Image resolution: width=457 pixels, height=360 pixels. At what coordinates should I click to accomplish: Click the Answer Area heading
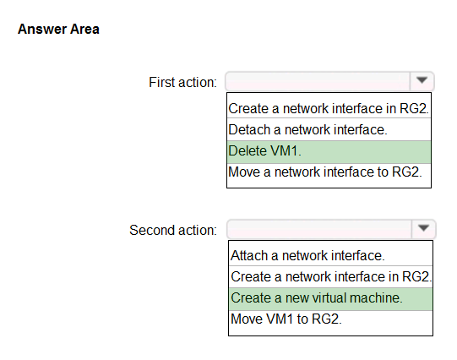pyautogui.click(x=58, y=29)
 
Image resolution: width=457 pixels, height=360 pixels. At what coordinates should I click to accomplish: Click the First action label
pyautogui.click(x=182, y=82)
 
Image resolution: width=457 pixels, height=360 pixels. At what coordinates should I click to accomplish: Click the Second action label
pyautogui.click(x=173, y=230)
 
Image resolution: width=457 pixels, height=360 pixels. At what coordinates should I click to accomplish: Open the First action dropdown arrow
pyautogui.click(x=422, y=80)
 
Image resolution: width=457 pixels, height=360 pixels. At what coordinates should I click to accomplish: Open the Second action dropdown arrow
pyautogui.click(x=423, y=228)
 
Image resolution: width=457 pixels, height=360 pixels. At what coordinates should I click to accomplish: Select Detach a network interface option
pyautogui.click(x=307, y=129)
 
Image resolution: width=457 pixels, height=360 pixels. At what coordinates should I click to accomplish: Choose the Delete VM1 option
pyautogui.click(x=265, y=151)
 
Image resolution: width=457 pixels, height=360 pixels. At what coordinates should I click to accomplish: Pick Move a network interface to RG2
pyautogui.click(x=325, y=172)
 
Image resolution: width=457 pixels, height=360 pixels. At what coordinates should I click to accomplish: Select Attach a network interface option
pyautogui.click(x=307, y=256)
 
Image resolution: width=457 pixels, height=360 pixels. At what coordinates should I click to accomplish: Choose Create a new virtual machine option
pyautogui.click(x=317, y=298)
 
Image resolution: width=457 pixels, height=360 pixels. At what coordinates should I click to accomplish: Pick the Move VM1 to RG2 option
pyautogui.click(x=286, y=319)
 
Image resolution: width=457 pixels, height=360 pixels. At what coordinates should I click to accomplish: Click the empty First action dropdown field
pyautogui.click(x=318, y=81)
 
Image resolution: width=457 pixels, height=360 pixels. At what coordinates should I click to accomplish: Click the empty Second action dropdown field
pyautogui.click(x=319, y=229)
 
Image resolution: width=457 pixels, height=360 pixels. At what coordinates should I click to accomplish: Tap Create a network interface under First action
pyautogui.click(x=329, y=109)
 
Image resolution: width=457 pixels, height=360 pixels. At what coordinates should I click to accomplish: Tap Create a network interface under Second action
pyautogui.click(x=331, y=276)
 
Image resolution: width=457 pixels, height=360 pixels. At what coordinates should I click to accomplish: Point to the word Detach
pyautogui.click(x=249, y=129)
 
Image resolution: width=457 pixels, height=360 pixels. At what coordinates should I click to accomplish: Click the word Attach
pyautogui.click(x=249, y=256)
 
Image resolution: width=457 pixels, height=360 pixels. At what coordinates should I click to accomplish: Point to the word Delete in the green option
pyautogui.click(x=248, y=151)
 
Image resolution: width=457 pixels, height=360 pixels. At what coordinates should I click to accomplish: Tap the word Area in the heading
pyautogui.click(x=84, y=29)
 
